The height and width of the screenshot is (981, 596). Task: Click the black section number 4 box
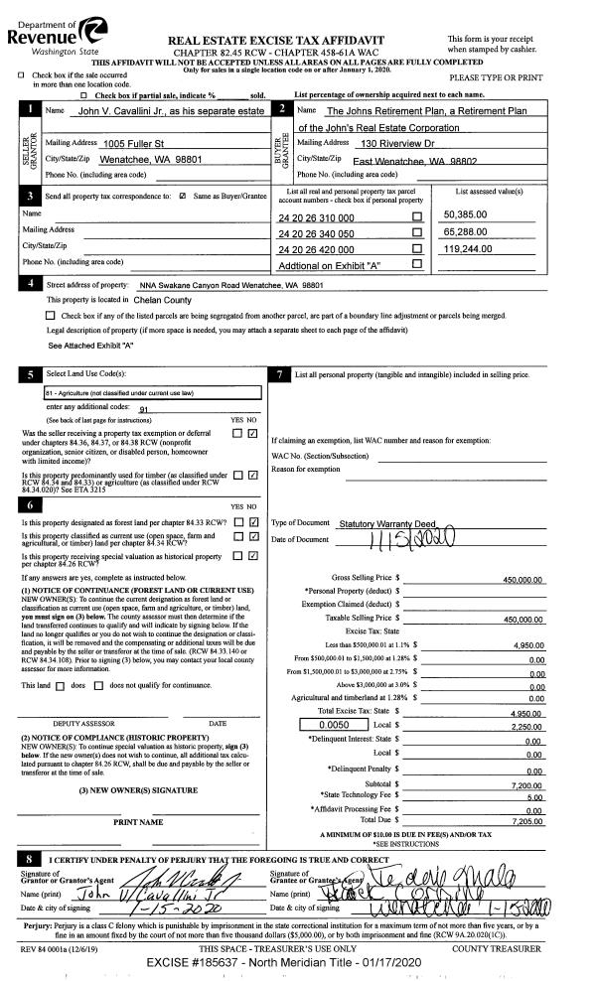pos(34,284)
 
